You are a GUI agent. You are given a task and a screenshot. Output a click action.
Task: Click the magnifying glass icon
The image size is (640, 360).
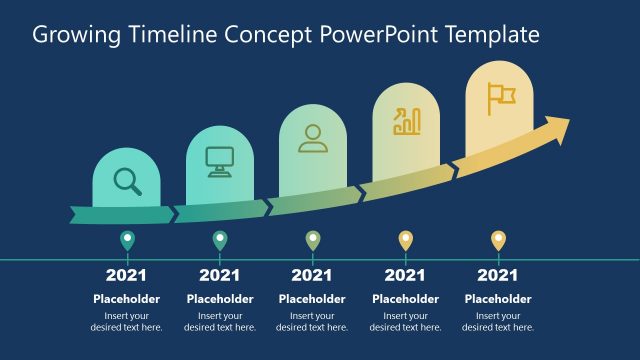click(127, 180)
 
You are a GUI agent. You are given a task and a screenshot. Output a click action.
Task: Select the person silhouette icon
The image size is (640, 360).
click(313, 138)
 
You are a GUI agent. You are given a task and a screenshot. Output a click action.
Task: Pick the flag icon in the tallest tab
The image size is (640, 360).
click(500, 96)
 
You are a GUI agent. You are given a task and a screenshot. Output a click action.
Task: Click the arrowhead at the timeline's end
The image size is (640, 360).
click(556, 129)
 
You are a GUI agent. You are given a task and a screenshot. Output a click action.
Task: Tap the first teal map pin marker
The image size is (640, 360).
click(127, 240)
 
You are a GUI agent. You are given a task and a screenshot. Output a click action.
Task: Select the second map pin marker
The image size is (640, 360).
click(220, 240)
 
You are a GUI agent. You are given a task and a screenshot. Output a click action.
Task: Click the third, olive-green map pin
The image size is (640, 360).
click(312, 240)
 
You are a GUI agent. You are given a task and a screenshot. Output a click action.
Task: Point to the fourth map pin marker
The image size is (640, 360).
click(405, 240)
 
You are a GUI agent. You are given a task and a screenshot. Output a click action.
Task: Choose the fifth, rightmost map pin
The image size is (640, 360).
click(498, 240)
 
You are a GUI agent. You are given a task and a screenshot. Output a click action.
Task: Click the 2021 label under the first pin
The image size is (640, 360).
click(127, 275)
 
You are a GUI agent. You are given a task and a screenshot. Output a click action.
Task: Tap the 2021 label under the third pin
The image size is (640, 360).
click(312, 275)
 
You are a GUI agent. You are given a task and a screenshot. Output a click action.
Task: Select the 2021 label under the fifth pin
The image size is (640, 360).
click(498, 275)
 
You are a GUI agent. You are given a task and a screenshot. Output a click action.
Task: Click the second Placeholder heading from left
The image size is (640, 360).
click(220, 299)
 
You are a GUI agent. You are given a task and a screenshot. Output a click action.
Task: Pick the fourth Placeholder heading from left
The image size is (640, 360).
click(405, 299)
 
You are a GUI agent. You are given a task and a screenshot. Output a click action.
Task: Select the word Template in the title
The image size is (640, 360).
click(492, 36)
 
